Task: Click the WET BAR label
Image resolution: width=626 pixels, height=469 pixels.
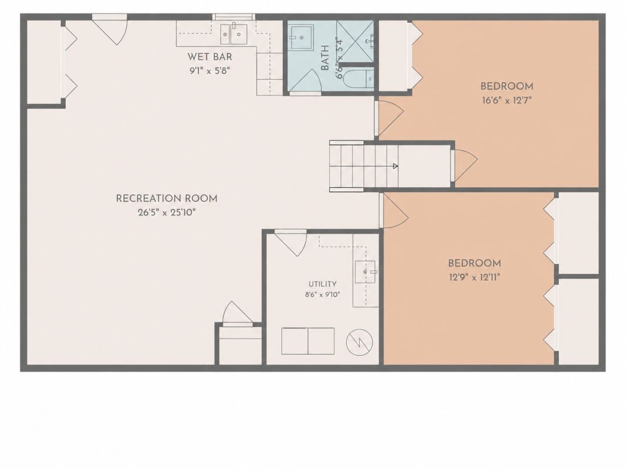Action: click(209, 57)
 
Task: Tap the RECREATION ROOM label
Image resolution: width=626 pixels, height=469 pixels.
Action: click(167, 198)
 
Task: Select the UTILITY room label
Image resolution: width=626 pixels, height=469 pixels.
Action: click(322, 284)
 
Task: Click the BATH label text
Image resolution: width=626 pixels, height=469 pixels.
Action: click(325, 58)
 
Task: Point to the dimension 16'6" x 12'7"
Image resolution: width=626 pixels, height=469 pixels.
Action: click(507, 100)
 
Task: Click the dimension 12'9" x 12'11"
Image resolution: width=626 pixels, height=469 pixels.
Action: click(474, 277)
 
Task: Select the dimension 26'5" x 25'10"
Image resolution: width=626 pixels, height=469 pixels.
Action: click(167, 213)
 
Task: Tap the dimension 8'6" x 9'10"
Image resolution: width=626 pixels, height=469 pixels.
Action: click(323, 295)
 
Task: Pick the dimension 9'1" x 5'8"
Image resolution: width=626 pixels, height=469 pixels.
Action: click(209, 71)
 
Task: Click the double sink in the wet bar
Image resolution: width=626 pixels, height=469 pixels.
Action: click(234, 34)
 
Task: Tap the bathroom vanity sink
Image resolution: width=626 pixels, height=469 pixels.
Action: click(302, 37)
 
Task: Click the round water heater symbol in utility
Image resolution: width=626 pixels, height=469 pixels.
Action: click(359, 342)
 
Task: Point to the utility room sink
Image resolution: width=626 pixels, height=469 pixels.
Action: click(365, 271)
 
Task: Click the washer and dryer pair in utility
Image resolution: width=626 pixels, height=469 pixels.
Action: click(308, 341)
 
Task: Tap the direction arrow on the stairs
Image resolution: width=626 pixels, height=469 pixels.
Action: click(395, 166)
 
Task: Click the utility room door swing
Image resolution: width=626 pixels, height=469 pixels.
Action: click(290, 243)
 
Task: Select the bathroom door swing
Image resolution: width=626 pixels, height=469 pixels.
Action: click(306, 81)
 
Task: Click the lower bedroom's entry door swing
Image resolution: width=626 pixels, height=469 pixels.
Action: click(394, 210)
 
